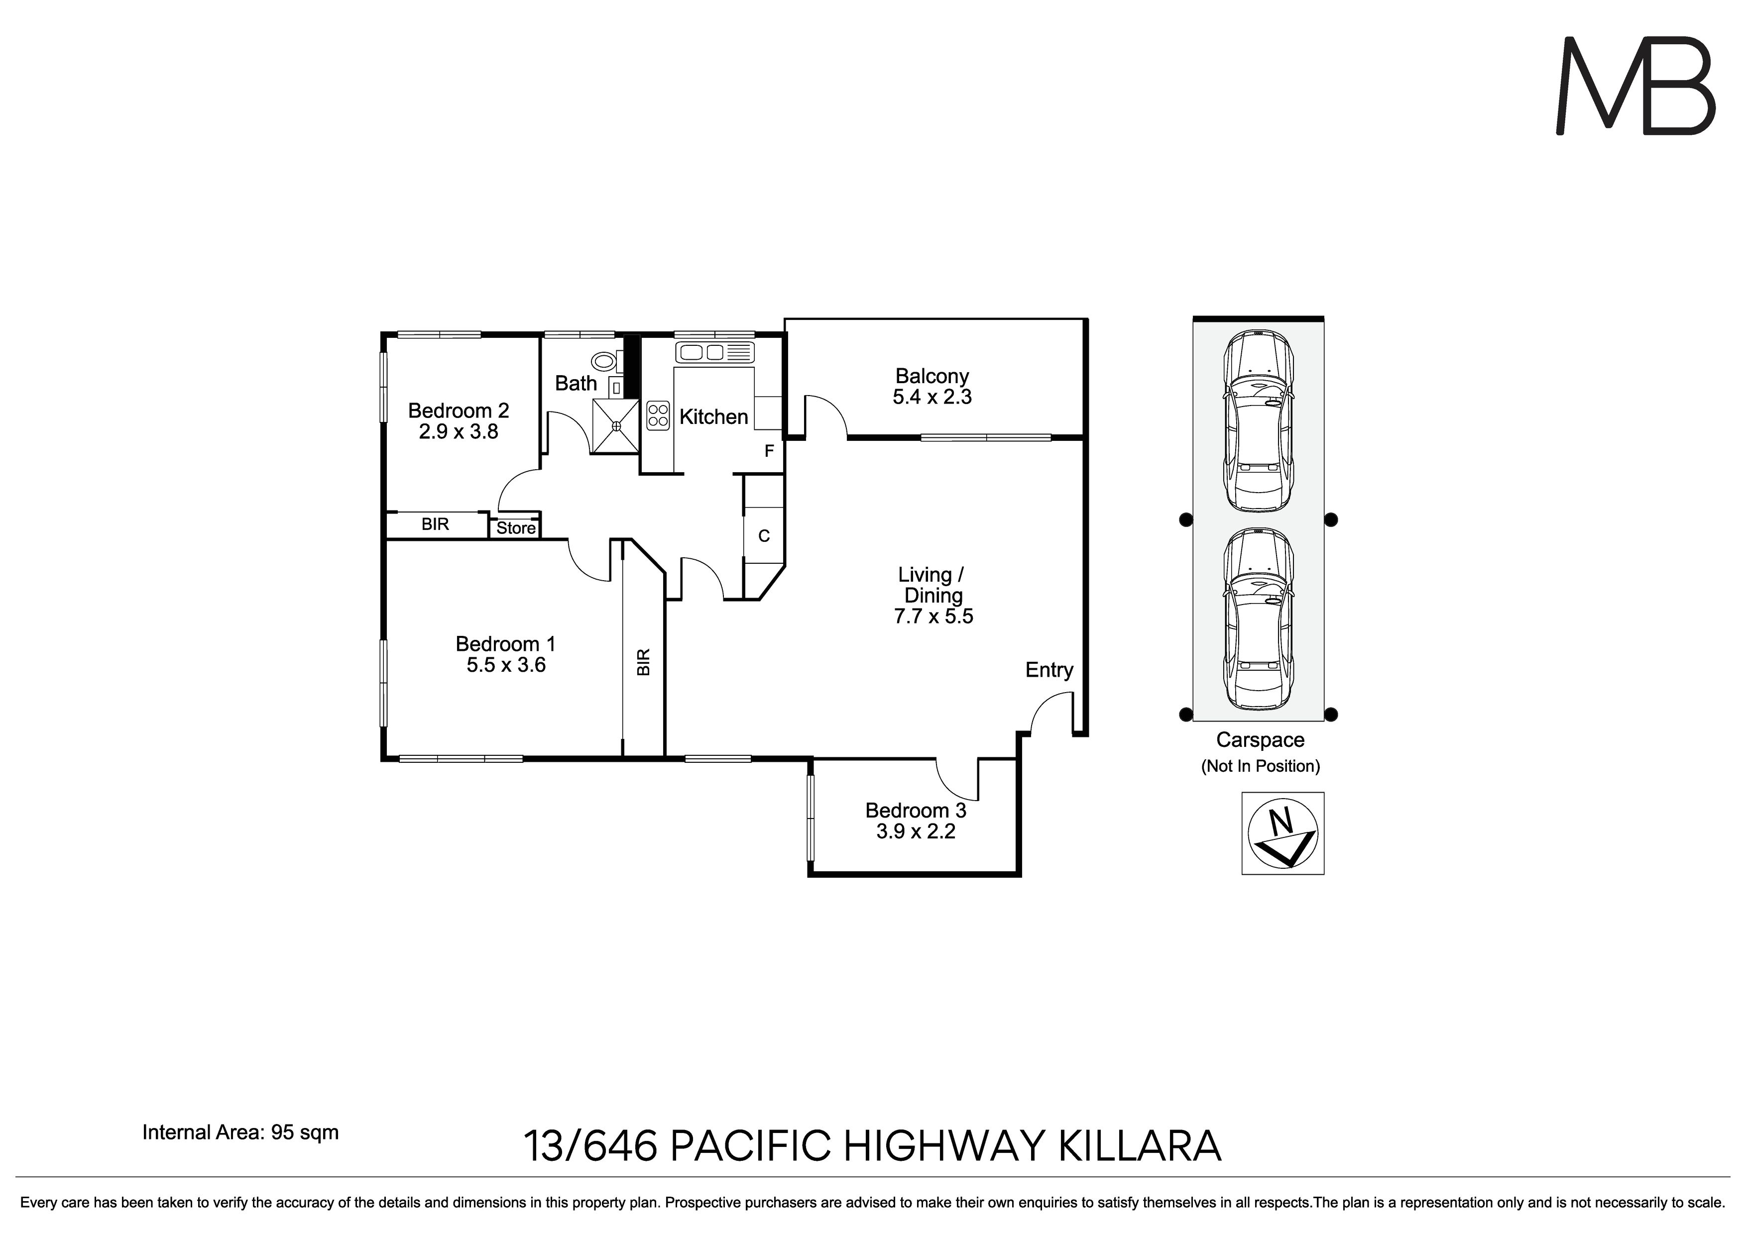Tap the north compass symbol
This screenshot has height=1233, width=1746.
(x=1283, y=833)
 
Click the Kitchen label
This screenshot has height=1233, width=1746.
(x=713, y=416)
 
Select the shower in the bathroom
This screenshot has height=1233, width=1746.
(x=614, y=426)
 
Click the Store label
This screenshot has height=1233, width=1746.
(x=516, y=528)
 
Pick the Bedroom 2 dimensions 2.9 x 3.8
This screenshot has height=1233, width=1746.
(x=459, y=432)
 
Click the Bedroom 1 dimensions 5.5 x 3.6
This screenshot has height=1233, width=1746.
(x=506, y=665)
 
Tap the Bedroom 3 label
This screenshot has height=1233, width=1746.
(x=916, y=811)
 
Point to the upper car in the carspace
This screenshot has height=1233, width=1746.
(x=1258, y=420)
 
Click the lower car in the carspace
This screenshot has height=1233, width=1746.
(x=1258, y=618)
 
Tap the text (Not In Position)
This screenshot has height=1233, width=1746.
(x=1260, y=766)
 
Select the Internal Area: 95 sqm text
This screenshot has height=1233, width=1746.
(x=240, y=1132)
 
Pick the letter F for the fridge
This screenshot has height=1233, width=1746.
(x=769, y=451)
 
